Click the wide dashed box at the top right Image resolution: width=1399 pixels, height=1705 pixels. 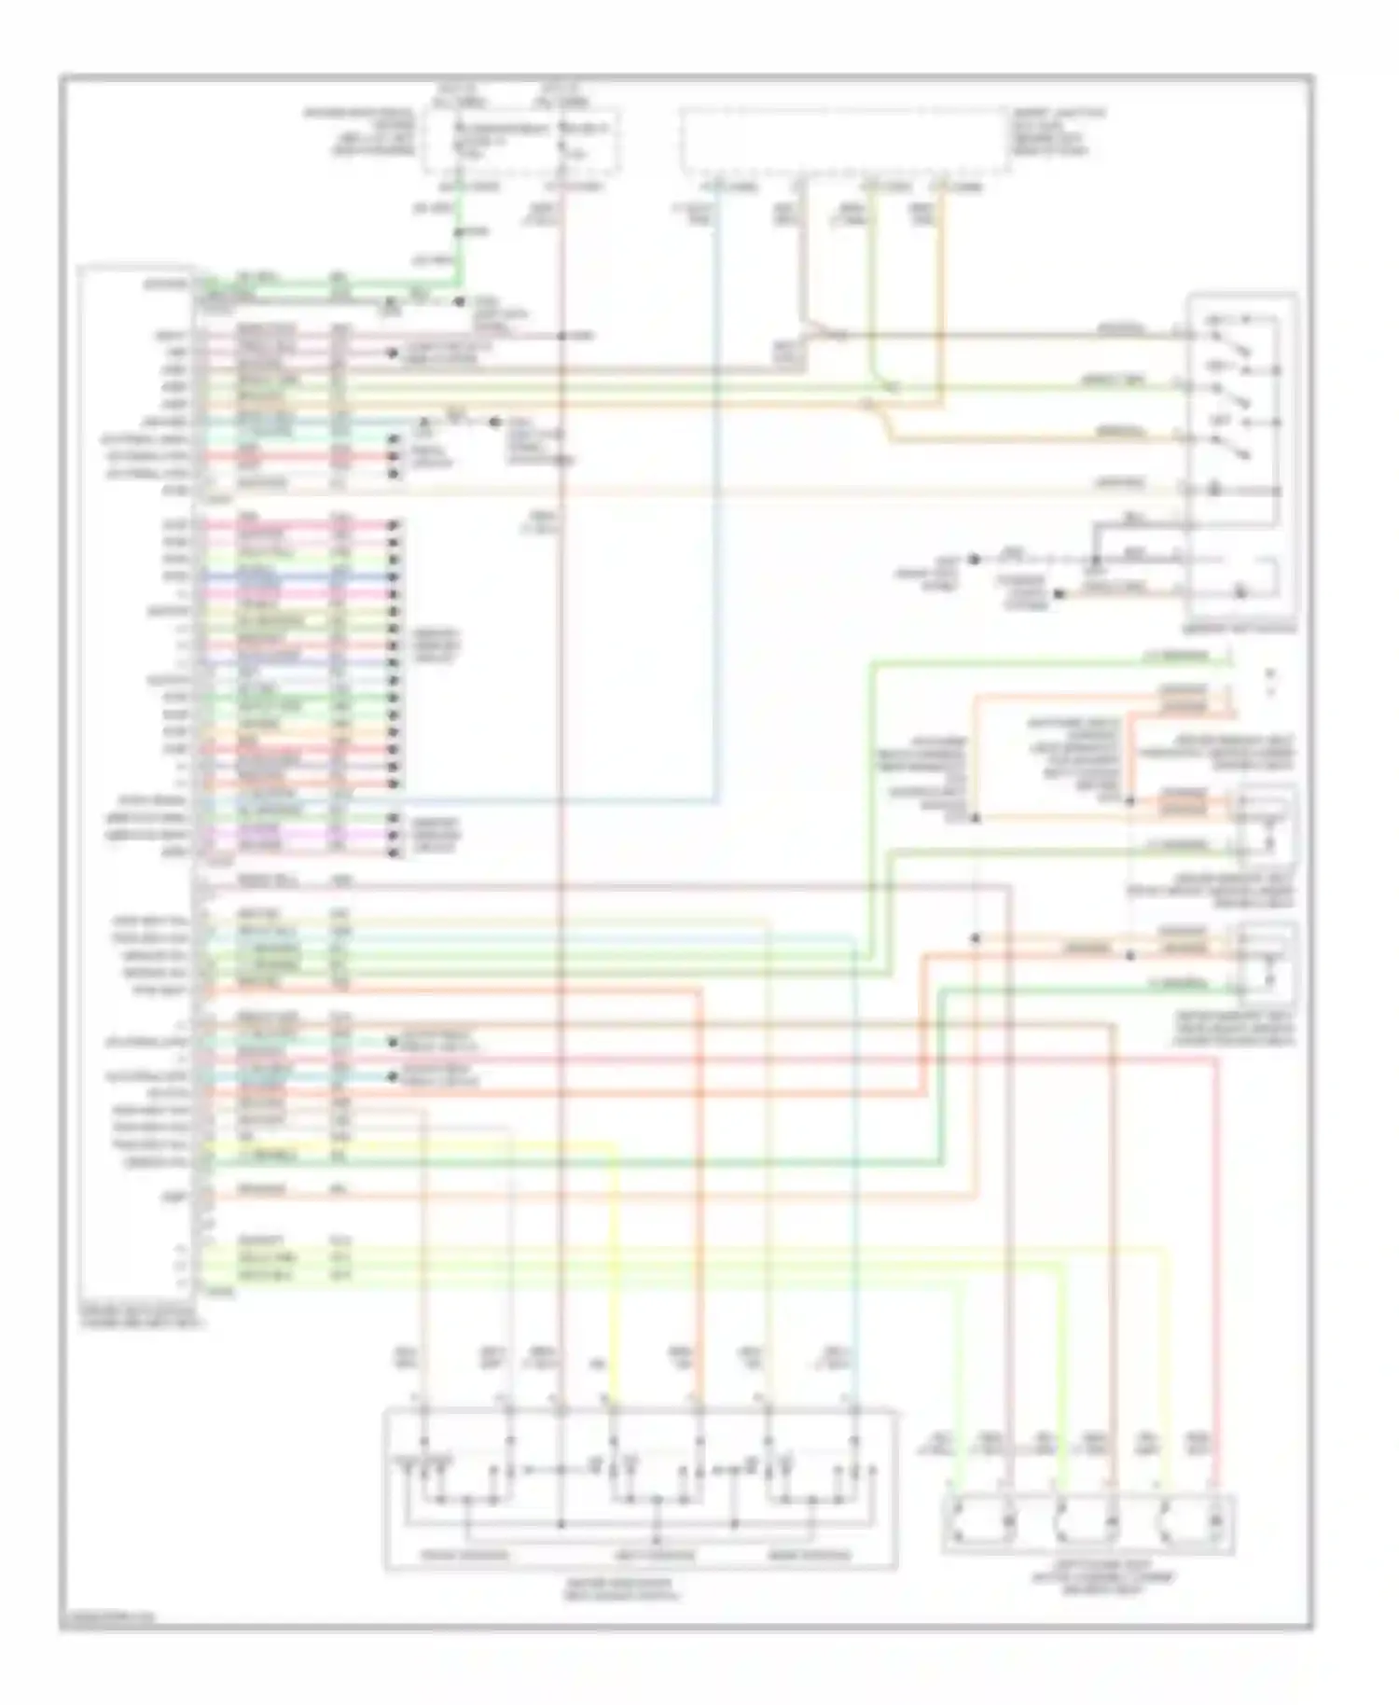[845, 141]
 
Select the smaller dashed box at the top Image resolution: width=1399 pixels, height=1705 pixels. [523, 141]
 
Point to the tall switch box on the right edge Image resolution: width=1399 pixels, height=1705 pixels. [1241, 457]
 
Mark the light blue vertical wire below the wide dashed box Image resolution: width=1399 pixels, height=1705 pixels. [717, 513]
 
